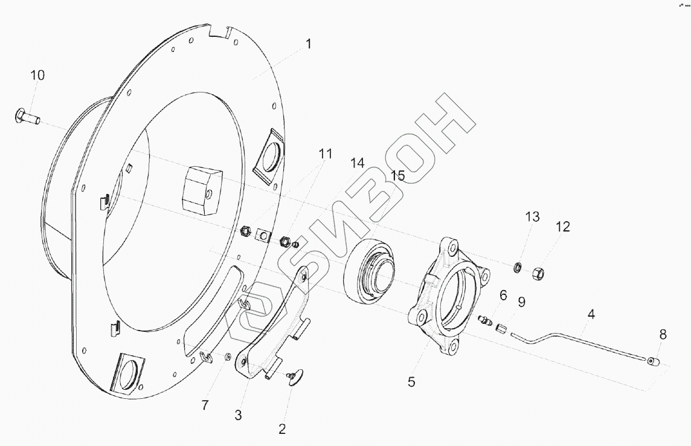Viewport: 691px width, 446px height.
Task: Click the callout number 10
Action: point(37,76)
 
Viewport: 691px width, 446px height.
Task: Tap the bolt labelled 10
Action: point(27,116)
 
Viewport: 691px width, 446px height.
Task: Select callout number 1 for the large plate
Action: point(309,44)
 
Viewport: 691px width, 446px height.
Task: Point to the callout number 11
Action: point(325,154)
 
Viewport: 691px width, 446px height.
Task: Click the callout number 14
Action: point(358,164)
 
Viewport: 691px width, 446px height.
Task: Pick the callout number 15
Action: point(397,175)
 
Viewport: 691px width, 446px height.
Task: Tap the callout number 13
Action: point(532,217)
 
